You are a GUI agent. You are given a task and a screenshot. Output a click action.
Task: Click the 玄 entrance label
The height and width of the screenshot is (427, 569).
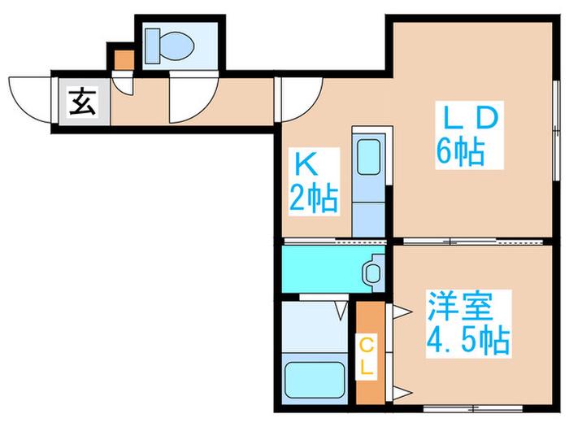pos(83,102)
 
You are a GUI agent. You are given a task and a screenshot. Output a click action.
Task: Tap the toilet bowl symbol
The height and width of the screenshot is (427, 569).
pos(176,46)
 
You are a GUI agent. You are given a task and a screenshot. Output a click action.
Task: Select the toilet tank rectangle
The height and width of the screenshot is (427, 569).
pos(153,46)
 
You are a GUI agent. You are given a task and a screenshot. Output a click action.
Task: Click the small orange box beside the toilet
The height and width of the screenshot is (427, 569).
pos(124,60)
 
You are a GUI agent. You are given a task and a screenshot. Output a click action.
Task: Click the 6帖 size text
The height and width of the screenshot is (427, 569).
pos(461,151)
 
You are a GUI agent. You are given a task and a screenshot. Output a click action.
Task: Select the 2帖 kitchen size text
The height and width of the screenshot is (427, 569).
pos(314,199)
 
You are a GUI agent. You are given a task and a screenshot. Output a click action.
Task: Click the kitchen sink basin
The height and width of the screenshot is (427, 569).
pos(369,157)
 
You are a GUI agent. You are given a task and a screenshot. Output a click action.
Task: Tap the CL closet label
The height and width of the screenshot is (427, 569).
pos(367,356)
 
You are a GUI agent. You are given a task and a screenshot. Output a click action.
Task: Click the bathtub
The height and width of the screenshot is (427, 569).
pos(315,381)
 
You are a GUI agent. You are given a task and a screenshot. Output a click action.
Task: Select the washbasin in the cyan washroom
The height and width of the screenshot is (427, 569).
pos(372,272)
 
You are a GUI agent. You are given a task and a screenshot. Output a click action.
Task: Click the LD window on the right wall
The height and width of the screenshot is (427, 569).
pos(556,130)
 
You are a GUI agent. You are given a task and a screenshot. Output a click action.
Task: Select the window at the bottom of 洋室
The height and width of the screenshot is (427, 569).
pos(473,409)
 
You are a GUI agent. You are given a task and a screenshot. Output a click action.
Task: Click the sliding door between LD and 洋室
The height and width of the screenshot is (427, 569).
pos(473,242)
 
